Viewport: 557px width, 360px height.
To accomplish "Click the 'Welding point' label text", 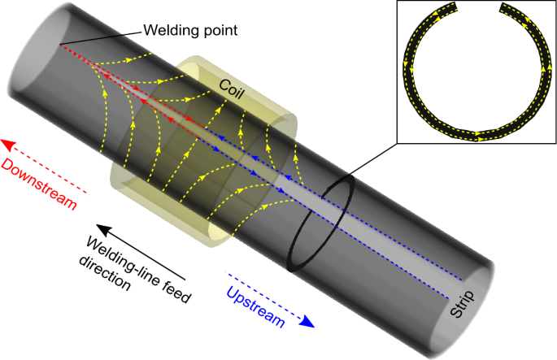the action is point(180,32).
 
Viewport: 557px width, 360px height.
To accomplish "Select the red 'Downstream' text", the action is point(40,184).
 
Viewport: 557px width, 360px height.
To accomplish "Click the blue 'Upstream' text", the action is point(255,308).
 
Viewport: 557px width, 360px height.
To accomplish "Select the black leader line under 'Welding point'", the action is point(98,36).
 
